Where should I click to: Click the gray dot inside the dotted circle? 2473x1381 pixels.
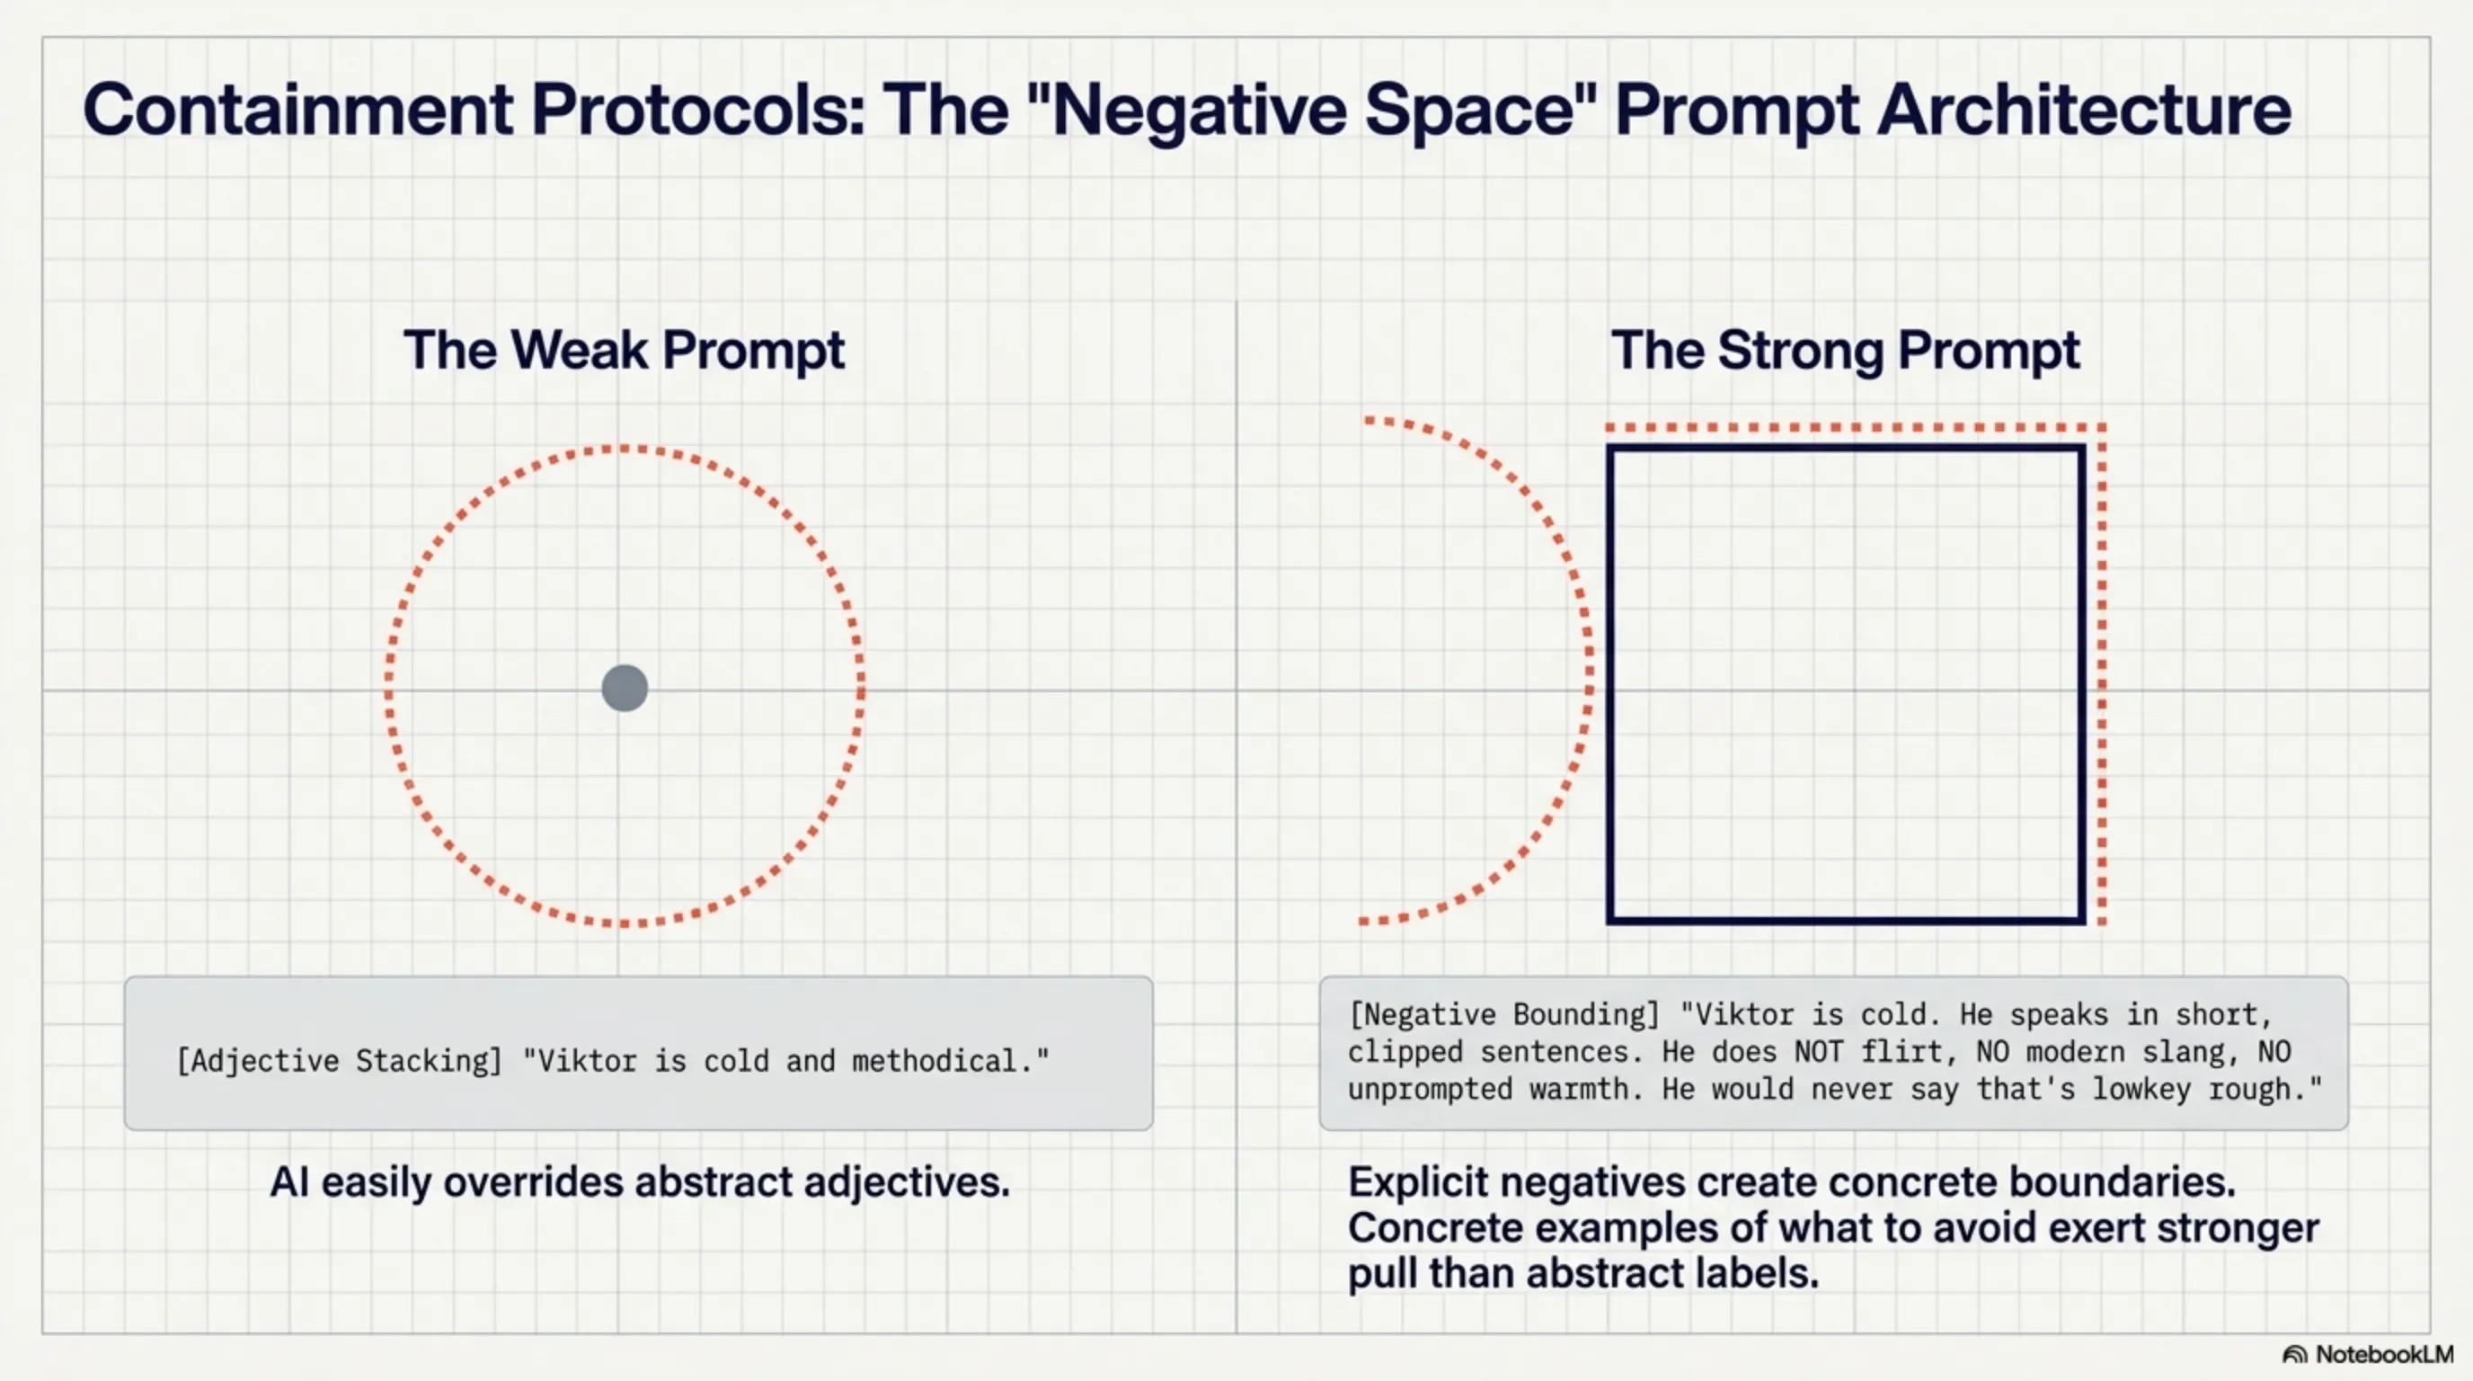[625, 689]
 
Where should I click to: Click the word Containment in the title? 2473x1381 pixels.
[298, 110]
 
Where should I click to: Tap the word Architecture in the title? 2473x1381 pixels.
[2083, 110]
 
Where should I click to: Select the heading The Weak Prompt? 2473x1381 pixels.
[624, 350]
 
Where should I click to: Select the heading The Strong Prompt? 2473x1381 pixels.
[1845, 350]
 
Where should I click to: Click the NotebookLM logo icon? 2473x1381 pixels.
[2294, 1354]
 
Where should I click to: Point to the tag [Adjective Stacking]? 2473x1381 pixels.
[340, 1061]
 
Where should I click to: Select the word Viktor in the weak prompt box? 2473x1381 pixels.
[587, 1061]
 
